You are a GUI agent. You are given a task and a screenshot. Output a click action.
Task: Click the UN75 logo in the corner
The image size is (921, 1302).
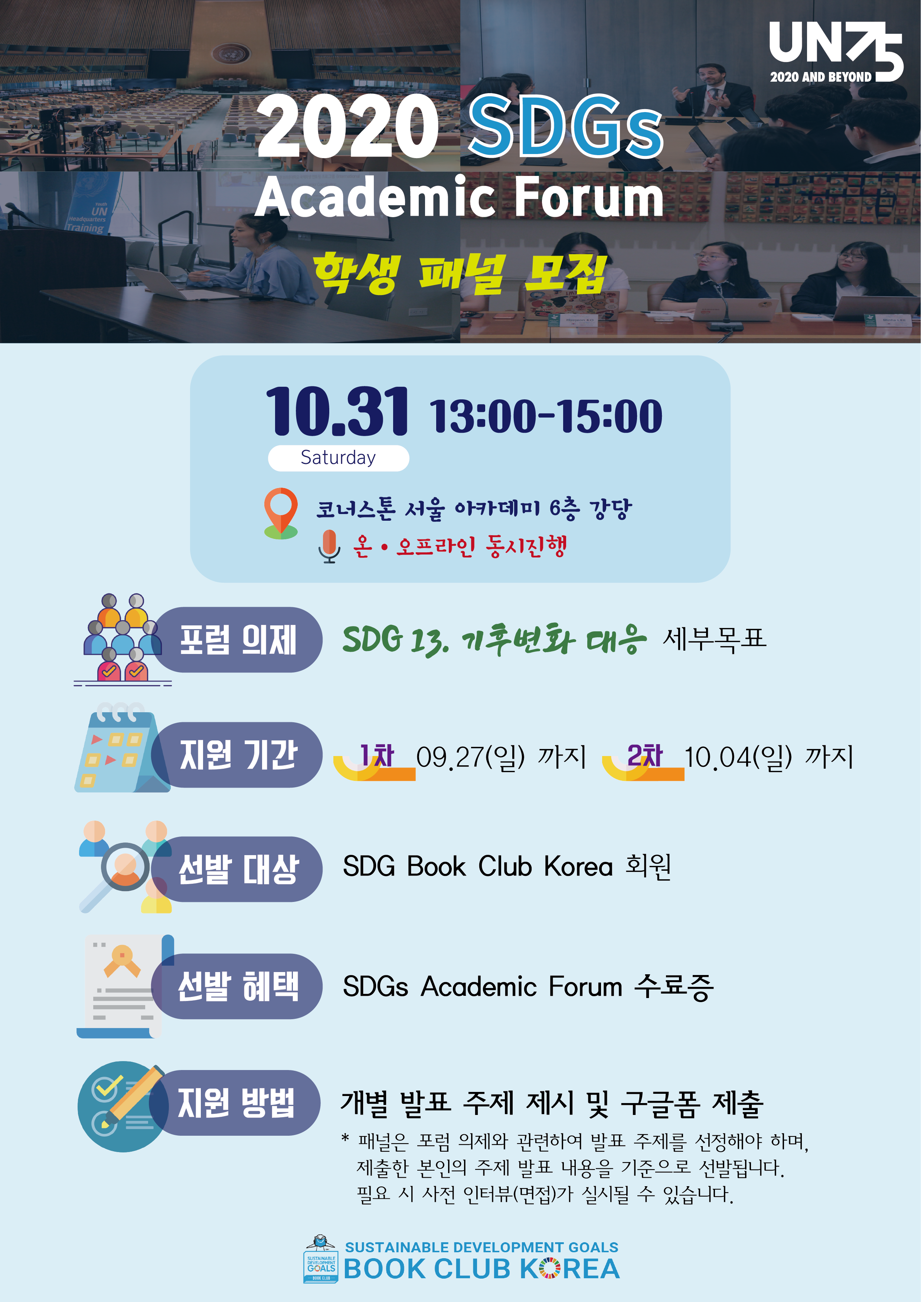[x=835, y=52]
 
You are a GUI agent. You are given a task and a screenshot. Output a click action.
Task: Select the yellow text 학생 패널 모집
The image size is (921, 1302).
[x=460, y=274]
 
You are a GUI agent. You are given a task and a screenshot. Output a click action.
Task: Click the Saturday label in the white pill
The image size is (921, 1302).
[x=338, y=458]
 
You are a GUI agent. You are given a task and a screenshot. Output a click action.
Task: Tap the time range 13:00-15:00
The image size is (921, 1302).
[x=546, y=416]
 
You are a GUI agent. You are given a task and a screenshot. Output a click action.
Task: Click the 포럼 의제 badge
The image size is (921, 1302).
[x=237, y=639]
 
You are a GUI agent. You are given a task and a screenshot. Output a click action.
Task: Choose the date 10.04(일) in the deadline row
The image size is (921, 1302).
[x=738, y=758]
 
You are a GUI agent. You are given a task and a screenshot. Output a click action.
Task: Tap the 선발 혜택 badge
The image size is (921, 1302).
[x=237, y=986]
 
